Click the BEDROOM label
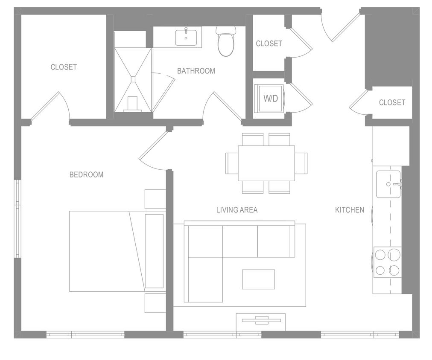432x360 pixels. click(86, 174)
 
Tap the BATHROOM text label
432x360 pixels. click(196, 71)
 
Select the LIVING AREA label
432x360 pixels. click(236, 210)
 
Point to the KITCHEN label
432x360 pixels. click(349, 210)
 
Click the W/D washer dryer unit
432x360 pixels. click(270, 99)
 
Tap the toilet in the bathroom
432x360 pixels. click(226, 42)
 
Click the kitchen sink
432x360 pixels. click(388, 184)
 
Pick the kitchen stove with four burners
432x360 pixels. click(387, 262)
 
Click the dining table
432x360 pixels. click(266, 163)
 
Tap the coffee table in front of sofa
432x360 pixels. click(258, 279)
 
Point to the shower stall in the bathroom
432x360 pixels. click(133, 79)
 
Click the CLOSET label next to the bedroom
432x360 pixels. click(64, 67)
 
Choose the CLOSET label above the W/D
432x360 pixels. click(269, 44)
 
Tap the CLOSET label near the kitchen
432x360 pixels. click(392, 102)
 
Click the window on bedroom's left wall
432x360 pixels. click(18, 218)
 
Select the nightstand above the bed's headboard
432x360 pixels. click(155, 199)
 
